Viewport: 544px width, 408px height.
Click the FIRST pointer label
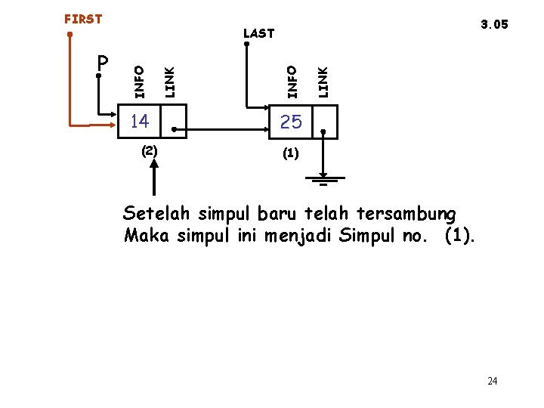click(x=83, y=19)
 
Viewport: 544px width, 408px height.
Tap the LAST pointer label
click(x=259, y=33)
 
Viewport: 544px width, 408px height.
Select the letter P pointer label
click(x=104, y=61)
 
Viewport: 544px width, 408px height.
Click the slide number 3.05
click(x=494, y=24)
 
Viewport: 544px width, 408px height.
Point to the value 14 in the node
click(x=139, y=121)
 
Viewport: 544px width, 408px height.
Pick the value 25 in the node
click(x=291, y=121)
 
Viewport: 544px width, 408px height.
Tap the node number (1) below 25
click(x=291, y=153)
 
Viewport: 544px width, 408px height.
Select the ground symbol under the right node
click(x=326, y=180)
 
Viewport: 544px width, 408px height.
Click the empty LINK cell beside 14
click(x=174, y=122)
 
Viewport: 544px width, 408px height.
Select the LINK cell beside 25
click(x=325, y=122)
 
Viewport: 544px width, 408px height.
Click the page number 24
click(x=493, y=381)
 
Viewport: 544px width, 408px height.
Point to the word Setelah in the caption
click(x=152, y=212)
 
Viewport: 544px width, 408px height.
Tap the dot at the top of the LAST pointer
click(x=246, y=44)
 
